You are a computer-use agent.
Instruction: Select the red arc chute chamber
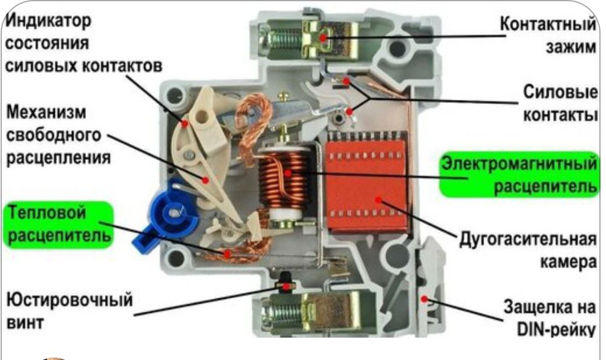[x=367, y=186]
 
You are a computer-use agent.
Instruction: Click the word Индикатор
[x=48, y=21]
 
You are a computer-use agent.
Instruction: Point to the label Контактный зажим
[x=548, y=36]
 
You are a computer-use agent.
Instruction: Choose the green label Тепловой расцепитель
[x=59, y=224]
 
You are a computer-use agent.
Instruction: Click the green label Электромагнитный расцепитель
[x=519, y=175]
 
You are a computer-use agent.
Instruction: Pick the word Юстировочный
[x=70, y=301]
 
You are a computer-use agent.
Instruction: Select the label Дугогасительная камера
[x=527, y=250]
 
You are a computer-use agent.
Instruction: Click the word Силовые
[x=560, y=93]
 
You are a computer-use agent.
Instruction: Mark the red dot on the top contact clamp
[x=323, y=38]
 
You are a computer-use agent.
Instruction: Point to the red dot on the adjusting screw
[x=285, y=287]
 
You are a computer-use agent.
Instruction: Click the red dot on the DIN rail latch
[x=425, y=299]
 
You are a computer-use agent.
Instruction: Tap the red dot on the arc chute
[x=379, y=200]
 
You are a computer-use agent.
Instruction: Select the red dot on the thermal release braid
[x=227, y=254]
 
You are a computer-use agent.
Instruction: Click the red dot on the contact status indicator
[x=185, y=124]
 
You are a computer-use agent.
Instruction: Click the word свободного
[x=54, y=136]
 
